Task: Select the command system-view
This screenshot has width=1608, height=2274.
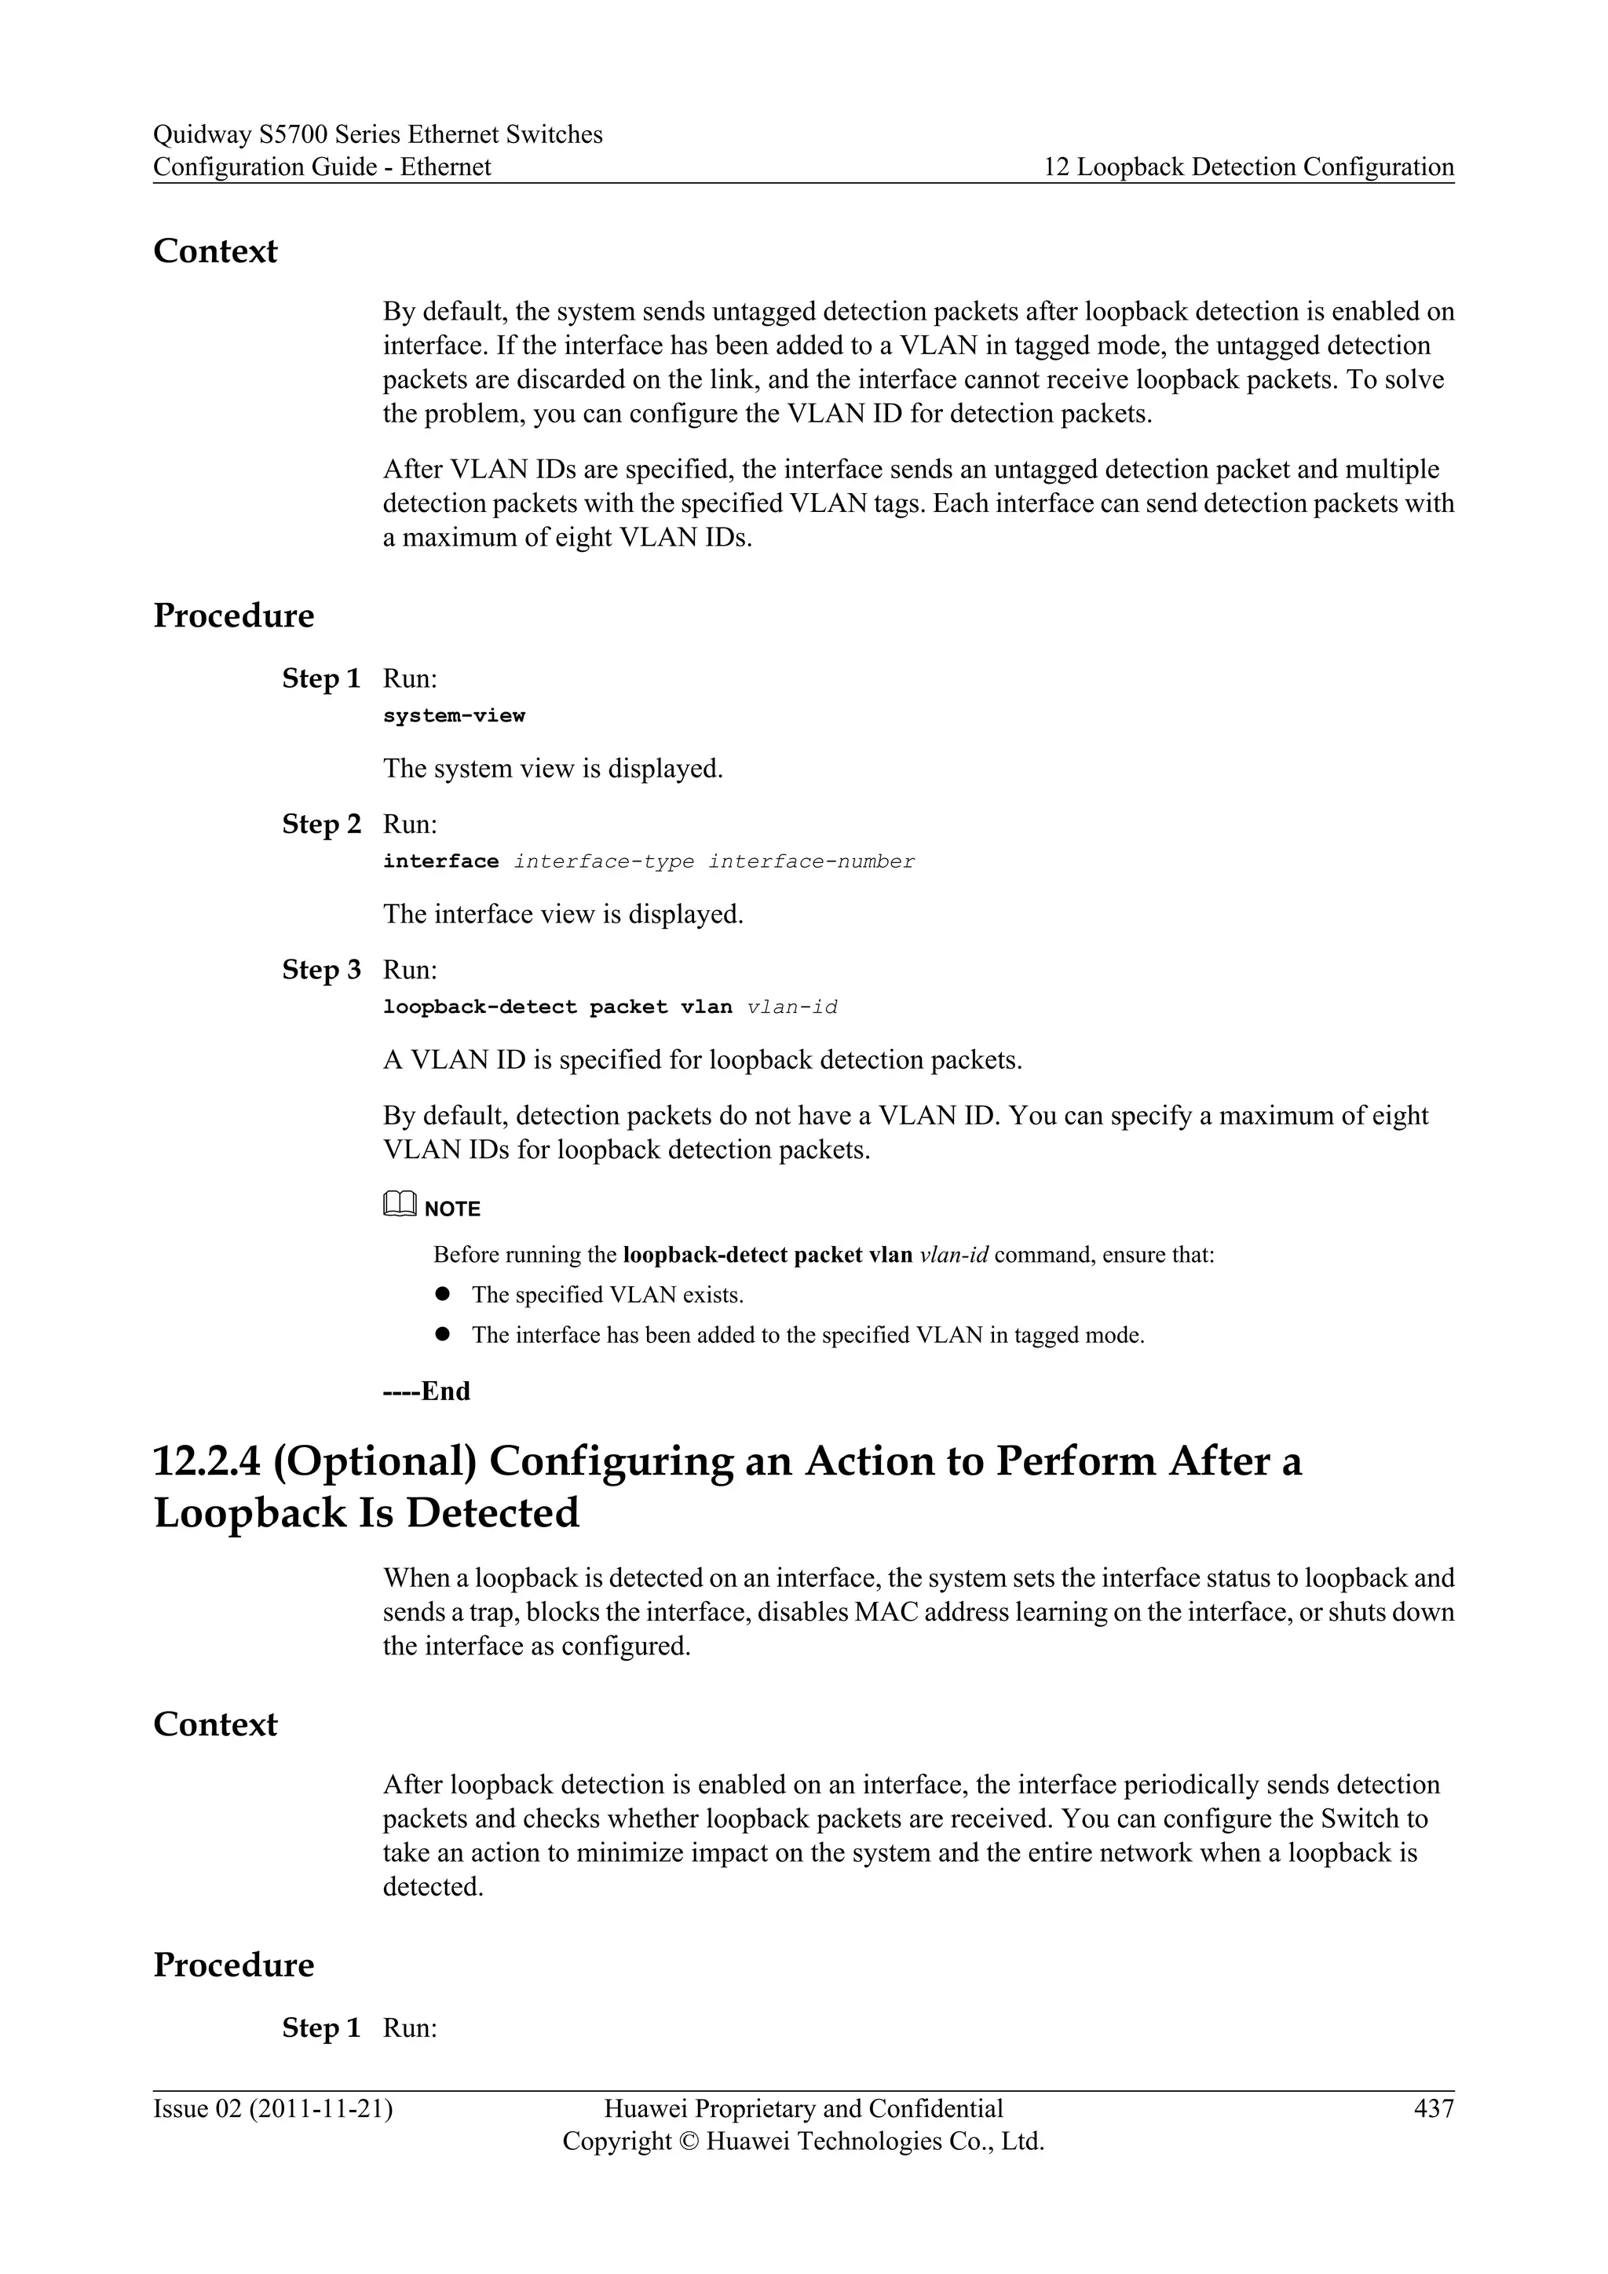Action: (454, 715)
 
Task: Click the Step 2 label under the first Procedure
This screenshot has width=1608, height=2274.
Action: (321, 824)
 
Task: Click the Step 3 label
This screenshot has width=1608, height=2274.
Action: (321, 970)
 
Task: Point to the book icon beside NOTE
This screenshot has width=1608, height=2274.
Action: (399, 1205)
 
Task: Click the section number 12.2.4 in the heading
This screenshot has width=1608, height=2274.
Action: (206, 1462)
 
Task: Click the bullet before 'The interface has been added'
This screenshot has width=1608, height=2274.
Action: (443, 1334)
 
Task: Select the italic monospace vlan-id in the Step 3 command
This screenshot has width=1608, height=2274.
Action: (792, 1007)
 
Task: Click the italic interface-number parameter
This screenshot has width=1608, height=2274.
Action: (811, 861)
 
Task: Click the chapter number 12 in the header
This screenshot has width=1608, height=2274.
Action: (1057, 167)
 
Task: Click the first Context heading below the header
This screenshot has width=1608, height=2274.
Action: (215, 250)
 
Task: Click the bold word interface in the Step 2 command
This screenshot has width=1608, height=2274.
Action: (440, 861)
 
